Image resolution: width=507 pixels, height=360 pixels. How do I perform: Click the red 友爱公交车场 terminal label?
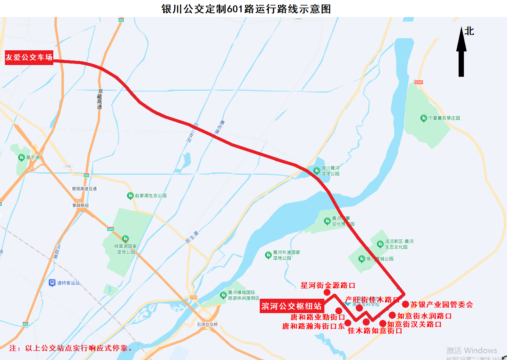tap(29, 57)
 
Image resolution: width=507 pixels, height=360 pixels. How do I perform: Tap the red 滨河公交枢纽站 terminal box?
tap(291, 306)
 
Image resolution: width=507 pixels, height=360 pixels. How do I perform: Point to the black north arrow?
tap(461, 53)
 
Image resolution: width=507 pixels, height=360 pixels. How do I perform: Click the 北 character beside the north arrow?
tap(469, 31)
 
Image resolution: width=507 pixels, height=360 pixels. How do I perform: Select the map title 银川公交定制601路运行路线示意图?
tap(246, 9)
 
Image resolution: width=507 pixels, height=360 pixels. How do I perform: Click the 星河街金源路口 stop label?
tap(328, 286)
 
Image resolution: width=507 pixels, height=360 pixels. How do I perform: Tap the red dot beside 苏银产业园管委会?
tap(405, 304)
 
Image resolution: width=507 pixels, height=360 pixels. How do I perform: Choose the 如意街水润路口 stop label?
tap(424, 316)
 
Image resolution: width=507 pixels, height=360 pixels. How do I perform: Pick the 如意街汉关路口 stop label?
tap(414, 324)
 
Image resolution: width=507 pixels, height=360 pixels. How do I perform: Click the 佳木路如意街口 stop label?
tap(375, 331)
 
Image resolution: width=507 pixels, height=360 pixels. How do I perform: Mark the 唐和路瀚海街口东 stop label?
tap(313, 326)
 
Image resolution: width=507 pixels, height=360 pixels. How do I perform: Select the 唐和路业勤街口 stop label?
tap(318, 317)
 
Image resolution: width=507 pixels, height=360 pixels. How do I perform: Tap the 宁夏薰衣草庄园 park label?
tap(444, 118)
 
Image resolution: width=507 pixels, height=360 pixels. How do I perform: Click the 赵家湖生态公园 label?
tap(150, 196)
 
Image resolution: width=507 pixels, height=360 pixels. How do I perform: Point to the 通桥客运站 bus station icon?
tap(52, 283)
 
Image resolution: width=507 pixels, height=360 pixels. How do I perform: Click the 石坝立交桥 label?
tap(207, 324)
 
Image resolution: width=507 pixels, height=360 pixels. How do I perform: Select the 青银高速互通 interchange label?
tap(84, 189)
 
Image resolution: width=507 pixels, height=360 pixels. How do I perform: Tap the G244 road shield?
tap(418, 82)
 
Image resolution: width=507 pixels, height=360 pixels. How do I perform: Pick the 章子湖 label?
tap(33, 157)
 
